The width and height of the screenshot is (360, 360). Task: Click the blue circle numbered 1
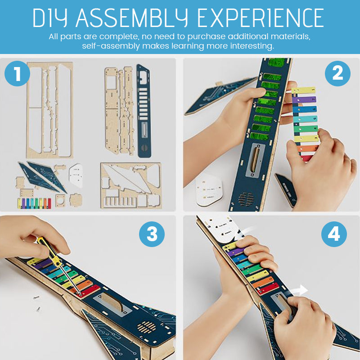click(x=18, y=73)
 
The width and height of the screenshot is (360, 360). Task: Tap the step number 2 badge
click(x=337, y=73)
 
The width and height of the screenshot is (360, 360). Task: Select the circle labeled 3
click(x=152, y=234)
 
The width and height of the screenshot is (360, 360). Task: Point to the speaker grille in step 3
click(x=147, y=327)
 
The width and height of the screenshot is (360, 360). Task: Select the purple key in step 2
click(x=304, y=99)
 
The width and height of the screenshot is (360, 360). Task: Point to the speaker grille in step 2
click(x=246, y=198)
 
